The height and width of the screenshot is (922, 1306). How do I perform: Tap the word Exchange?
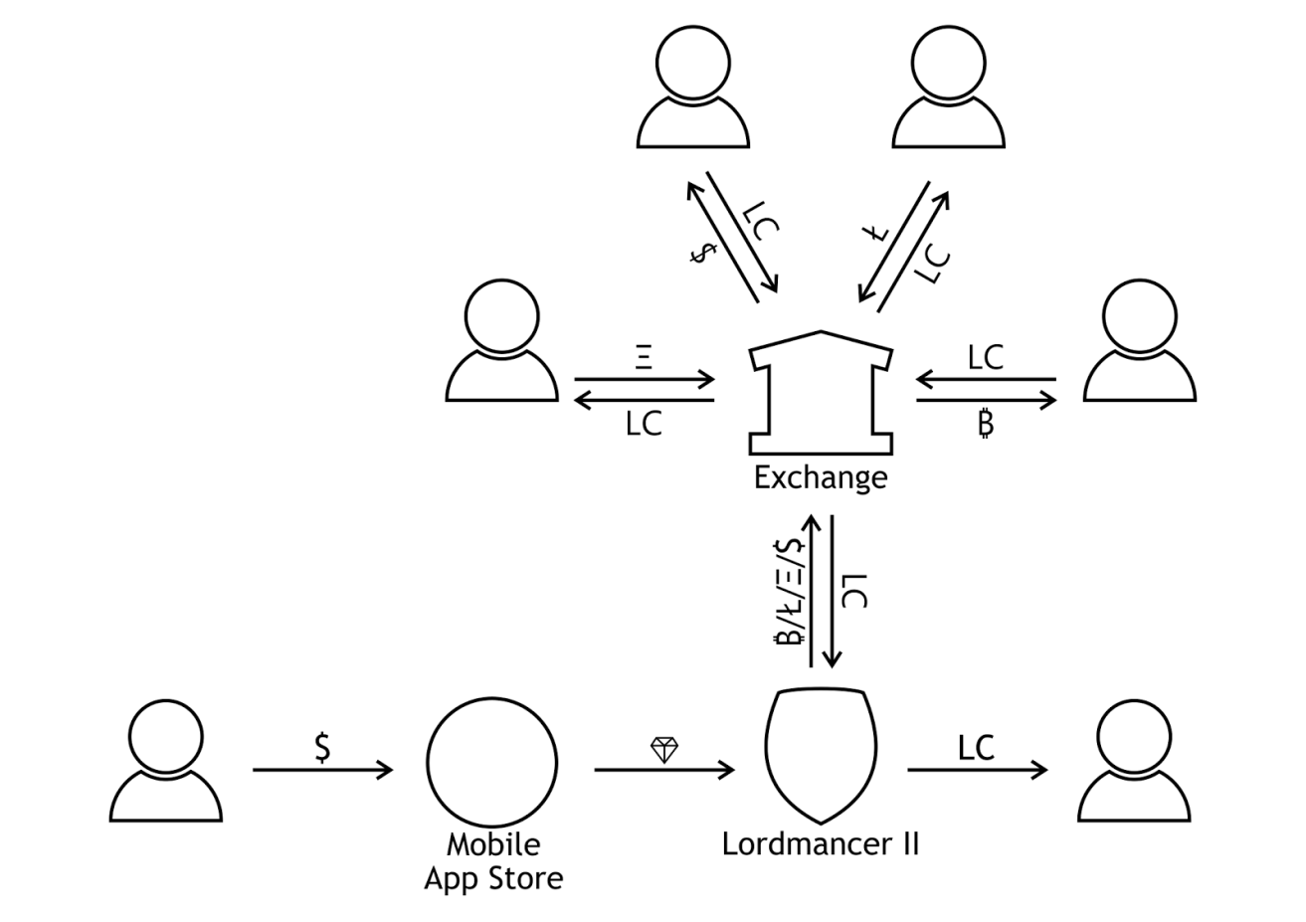(x=820, y=478)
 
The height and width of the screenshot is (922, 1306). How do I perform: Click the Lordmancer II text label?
(x=821, y=845)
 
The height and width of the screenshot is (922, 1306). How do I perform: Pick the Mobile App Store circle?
(x=492, y=761)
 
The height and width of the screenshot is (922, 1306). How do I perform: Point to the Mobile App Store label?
(x=493, y=861)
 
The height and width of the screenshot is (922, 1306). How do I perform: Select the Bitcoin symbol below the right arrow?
(x=985, y=425)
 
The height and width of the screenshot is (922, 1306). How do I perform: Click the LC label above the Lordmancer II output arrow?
(x=976, y=748)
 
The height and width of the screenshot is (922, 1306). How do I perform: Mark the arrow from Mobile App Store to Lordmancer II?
(x=664, y=770)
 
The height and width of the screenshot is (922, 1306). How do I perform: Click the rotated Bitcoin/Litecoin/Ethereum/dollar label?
(x=792, y=591)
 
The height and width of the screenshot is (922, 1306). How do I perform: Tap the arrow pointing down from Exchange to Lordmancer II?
(x=833, y=591)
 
